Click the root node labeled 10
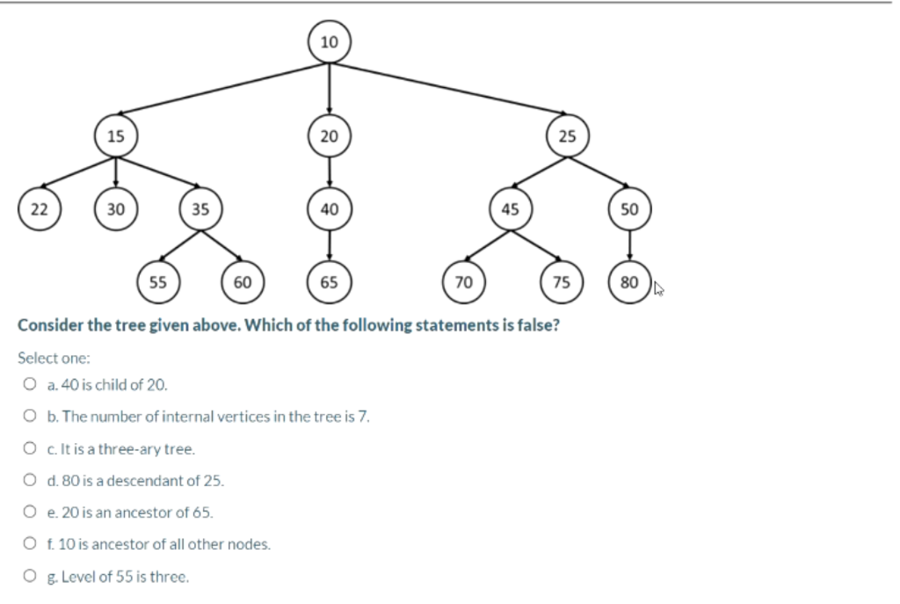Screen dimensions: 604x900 pos(329,42)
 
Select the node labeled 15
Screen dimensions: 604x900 pos(116,135)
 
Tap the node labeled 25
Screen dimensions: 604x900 pos(568,136)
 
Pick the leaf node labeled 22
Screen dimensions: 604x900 pos(40,209)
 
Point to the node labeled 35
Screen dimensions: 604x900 pos(200,209)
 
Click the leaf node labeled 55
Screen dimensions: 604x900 pos(158,282)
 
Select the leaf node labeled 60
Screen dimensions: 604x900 pos(243,282)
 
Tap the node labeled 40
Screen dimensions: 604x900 pos(329,209)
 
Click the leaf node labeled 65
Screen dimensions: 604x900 pos(329,282)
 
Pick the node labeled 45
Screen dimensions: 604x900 pos(510,209)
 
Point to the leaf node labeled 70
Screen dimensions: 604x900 pos(464,282)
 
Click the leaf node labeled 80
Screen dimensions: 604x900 pos(629,282)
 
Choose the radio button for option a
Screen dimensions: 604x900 pos(30,384)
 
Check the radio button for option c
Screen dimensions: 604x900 pos(30,448)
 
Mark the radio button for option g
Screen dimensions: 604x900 pos(30,577)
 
